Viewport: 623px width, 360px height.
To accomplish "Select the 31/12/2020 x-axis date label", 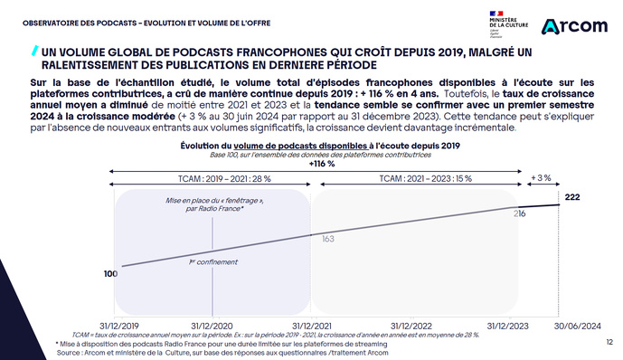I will (x=212, y=325).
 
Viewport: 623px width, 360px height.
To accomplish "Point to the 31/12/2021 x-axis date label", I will (x=313, y=325).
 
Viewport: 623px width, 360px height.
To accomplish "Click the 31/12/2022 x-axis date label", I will (x=411, y=325).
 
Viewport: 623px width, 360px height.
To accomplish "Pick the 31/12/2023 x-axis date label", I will (x=508, y=325).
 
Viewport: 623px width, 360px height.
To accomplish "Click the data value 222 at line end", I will (x=571, y=196).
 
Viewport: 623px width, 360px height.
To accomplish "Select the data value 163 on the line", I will (x=328, y=239).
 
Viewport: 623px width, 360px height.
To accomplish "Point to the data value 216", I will (x=520, y=213).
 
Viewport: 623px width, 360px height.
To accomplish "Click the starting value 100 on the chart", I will (x=110, y=272).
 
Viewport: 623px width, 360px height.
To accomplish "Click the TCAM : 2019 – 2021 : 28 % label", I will (x=211, y=179).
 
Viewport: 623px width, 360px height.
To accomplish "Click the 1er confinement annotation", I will (x=212, y=262).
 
